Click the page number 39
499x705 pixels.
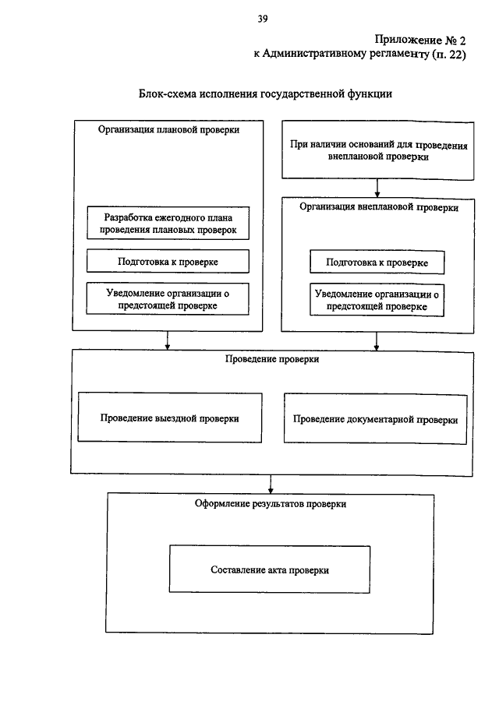pyautogui.click(x=263, y=19)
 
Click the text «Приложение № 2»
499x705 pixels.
pyautogui.click(x=419, y=41)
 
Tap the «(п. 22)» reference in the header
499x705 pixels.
pyautogui.click(x=448, y=55)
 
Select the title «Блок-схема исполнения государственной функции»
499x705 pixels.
pyautogui.click(x=265, y=94)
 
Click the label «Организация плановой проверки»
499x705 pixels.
pyautogui.click(x=168, y=130)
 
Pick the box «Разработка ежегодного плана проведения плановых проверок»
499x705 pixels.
pyautogui.click(x=168, y=224)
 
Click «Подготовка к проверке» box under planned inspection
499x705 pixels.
pyautogui.click(x=168, y=262)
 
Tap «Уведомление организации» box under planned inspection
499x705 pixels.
pyautogui.click(x=168, y=299)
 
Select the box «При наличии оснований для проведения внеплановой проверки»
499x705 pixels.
pyautogui.click(x=378, y=150)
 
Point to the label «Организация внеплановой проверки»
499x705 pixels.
pyautogui.click(x=379, y=207)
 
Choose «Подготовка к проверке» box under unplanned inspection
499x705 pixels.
pyautogui.click(x=377, y=263)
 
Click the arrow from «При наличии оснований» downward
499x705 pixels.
pyautogui.click(x=377, y=189)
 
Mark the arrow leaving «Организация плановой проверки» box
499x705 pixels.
pyautogui.click(x=168, y=340)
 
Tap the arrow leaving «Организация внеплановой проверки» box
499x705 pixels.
pyautogui.click(x=377, y=342)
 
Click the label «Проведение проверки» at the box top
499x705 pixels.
pyautogui.click(x=272, y=359)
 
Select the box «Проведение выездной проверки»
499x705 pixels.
pyautogui.click(x=170, y=418)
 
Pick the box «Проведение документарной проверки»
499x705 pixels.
pyautogui.click(x=375, y=419)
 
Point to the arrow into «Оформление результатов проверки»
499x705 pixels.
pyautogui.click(x=271, y=485)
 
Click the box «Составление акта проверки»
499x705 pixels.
pyautogui.click(x=270, y=569)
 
